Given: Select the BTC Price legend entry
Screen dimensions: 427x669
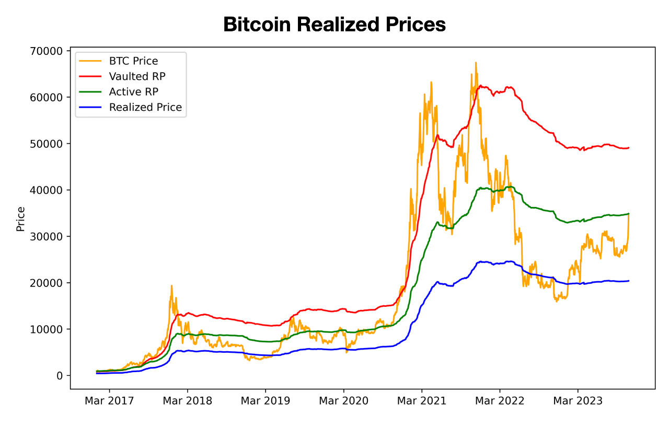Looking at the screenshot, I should pos(133,61).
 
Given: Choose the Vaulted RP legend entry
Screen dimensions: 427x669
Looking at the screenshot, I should pos(137,76).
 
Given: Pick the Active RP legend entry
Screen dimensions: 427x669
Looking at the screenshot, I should pos(133,92).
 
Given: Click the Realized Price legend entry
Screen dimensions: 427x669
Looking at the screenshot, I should pos(145,108).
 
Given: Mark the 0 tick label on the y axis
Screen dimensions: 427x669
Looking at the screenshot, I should pos(60,376).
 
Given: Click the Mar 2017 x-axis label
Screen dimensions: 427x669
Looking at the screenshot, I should pos(109,401).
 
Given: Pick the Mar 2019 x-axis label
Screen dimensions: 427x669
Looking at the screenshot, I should pos(266,401).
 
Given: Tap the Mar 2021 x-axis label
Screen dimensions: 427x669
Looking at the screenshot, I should pos(422,401).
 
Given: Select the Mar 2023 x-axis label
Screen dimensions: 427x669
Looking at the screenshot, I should pos(578,401).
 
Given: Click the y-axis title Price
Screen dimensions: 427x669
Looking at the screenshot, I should pos(21,219).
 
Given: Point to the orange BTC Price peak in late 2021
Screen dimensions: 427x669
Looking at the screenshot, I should pos(476,63).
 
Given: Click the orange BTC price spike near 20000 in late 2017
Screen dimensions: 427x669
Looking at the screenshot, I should pos(171,286).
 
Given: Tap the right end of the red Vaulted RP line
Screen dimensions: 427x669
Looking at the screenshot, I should pos(629,147).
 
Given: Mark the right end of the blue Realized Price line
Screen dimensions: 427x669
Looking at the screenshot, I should pos(629,281).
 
